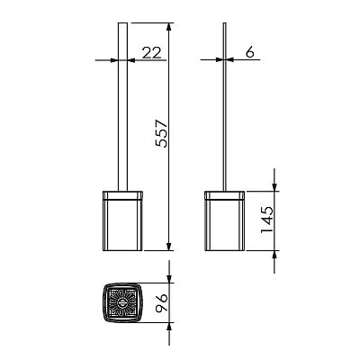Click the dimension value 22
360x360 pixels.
click(x=151, y=53)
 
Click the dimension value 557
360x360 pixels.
click(x=162, y=133)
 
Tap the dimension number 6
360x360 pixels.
click(x=249, y=52)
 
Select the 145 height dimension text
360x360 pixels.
click(x=267, y=220)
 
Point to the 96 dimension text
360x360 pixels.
click(x=162, y=303)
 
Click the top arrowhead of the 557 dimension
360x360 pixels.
click(x=169, y=27)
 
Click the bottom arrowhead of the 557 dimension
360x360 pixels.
click(x=169, y=247)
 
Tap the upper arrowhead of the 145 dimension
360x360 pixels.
click(x=274, y=186)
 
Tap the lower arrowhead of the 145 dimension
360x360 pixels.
click(x=274, y=255)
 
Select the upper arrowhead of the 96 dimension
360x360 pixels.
click(x=169, y=278)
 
